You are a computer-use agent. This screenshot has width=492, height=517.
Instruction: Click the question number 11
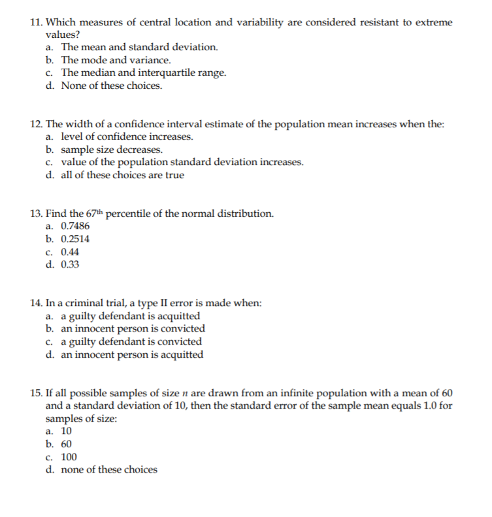(37, 22)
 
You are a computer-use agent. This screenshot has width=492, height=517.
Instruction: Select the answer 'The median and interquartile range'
(144, 72)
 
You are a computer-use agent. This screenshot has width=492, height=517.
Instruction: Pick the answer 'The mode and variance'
(116, 60)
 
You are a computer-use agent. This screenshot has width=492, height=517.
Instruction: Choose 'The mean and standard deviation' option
(140, 47)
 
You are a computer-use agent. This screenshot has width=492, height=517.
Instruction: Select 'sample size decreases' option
(108, 149)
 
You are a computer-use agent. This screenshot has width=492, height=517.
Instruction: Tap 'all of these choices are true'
(123, 175)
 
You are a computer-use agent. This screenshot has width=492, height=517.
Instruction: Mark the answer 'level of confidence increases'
(127, 136)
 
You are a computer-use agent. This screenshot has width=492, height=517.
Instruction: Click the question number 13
(37, 213)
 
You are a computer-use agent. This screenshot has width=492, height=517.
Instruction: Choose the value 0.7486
(75, 226)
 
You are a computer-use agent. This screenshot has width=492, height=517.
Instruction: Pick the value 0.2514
(75, 239)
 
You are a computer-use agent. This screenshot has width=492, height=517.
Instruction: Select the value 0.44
(70, 252)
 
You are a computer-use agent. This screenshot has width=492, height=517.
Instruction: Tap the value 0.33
(70, 264)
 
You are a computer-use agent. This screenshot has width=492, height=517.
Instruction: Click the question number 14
(37, 303)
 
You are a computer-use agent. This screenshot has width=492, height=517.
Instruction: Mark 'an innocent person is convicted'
(133, 328)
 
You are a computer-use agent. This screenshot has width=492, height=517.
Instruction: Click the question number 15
(37, 393)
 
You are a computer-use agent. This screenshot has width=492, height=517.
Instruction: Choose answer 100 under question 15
(69, 457)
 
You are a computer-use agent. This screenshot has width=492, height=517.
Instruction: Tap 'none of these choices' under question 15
(109, 469)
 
